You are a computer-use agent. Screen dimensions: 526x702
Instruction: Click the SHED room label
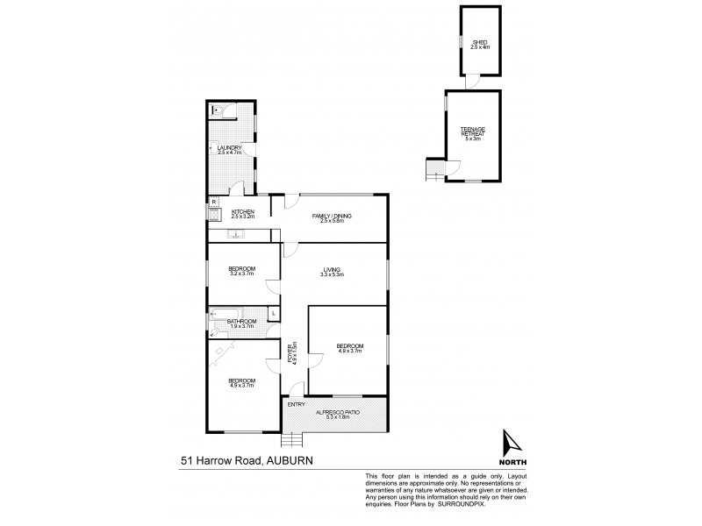click(479, 41)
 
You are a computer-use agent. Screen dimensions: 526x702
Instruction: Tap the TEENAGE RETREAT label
click(473, 131)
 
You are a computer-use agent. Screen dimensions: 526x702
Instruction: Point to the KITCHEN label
click(242, 211)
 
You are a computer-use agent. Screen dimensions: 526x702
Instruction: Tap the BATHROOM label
click(241, 322)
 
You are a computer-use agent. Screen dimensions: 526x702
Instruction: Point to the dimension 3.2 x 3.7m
click(241, 274)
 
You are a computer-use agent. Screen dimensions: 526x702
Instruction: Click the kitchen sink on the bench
click(235, 234)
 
